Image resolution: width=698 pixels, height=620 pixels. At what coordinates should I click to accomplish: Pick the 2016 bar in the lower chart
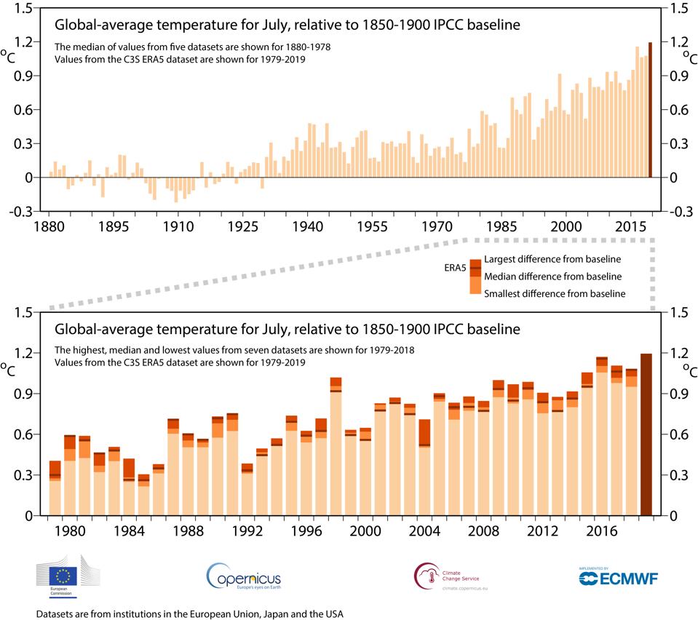(x=602, y=437)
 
